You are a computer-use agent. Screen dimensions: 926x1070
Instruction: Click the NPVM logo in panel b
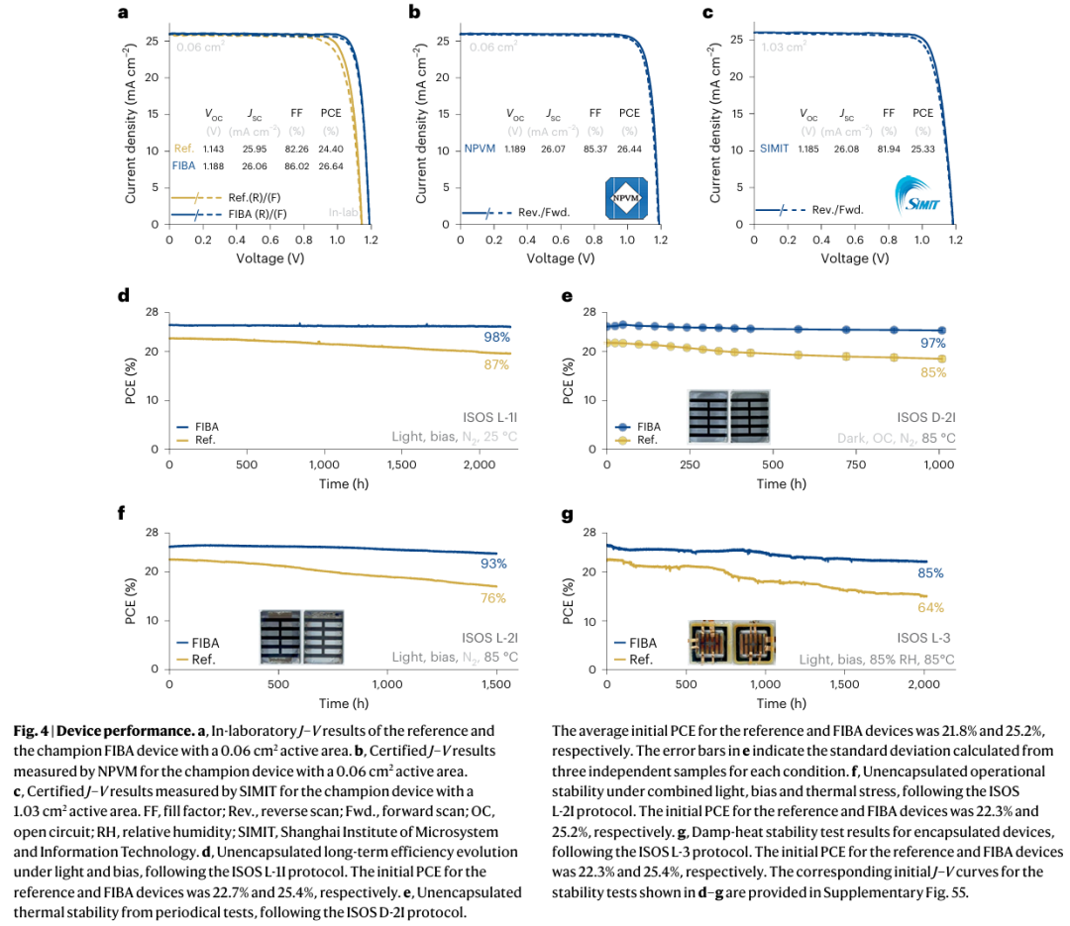(x=625, y=198)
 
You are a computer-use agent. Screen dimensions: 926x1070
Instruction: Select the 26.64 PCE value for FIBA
(x=331, y=166)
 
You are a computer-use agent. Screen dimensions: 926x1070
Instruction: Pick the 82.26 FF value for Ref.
(x=296, y=149)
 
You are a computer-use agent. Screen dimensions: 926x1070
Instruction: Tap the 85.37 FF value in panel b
(x=594, y=149)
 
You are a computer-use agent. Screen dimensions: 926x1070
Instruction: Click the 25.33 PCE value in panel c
(x=923, y=149)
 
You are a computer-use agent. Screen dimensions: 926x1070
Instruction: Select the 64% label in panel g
(x=931, y=608)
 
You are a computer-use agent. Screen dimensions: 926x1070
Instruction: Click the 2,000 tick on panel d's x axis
(x=479, y=463)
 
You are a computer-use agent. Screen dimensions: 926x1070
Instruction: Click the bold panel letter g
(x=567, y=515)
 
